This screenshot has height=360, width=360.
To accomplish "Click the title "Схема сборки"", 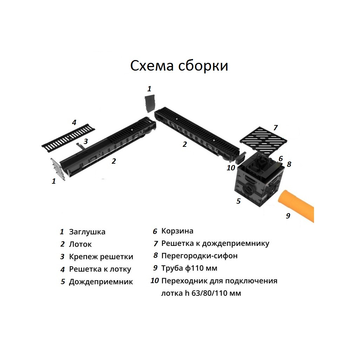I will point(179,66).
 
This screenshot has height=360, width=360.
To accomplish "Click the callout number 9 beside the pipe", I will point(288,216).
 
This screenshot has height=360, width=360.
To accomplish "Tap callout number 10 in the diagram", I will point(231,168).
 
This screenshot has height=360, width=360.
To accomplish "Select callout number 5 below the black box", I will point(238,201).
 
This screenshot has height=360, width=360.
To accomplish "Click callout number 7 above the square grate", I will point(275,127).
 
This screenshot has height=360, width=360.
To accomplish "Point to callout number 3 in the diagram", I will point(85,141).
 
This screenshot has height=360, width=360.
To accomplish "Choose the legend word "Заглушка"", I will point(87,232).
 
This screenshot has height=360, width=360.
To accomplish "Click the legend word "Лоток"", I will point(80,244).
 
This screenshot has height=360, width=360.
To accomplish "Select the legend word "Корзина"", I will point(177,231).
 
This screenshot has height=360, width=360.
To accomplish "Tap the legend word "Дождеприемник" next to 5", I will point(101,282).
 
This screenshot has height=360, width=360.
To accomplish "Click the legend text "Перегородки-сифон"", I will point(199,256).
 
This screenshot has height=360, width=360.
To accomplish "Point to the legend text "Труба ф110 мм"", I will point(189,268).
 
